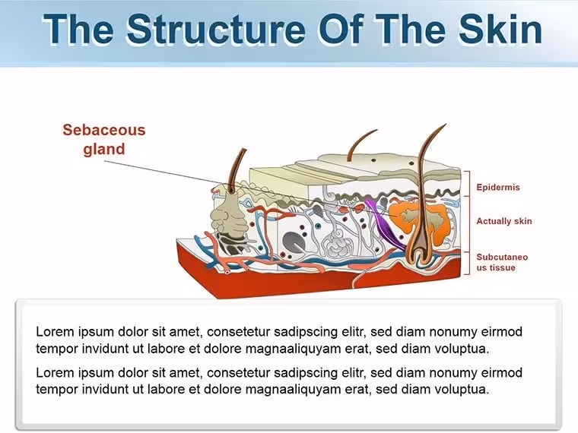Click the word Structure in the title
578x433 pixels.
pos(216,29)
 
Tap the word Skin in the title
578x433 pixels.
pos(500,29)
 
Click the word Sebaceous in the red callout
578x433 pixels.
pos(104,130)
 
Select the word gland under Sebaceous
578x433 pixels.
pos(104,150)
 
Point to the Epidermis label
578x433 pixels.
pos(498,187)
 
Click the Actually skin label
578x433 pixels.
pos(504,221)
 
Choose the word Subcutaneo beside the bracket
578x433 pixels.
pos(502,257)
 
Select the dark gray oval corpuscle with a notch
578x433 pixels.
pos(294,243)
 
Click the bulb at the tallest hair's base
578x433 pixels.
pos(419,254)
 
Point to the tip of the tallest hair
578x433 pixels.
pos(446,125)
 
